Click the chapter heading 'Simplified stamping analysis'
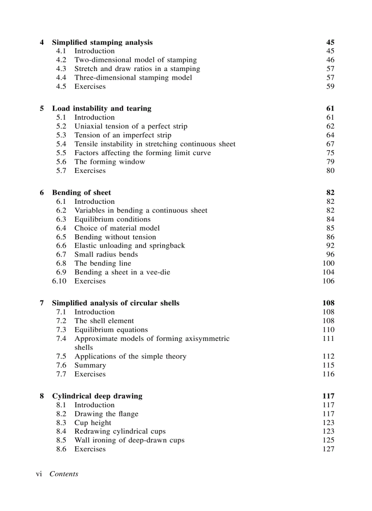102,42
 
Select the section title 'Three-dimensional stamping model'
133,77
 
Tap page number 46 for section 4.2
330,60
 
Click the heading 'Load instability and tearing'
101,108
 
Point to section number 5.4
61,144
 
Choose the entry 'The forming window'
109,162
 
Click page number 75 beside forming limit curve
330,153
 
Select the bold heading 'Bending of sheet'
81,192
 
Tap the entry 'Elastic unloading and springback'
129,245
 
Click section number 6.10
59,281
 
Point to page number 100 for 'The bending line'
328,263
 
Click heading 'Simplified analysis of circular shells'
115,303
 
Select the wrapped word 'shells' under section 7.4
83,347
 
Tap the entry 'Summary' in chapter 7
90,365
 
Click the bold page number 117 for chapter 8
328,396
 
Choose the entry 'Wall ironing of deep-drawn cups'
129,440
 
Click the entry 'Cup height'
93,422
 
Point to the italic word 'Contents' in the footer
64,474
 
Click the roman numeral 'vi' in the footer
39,474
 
